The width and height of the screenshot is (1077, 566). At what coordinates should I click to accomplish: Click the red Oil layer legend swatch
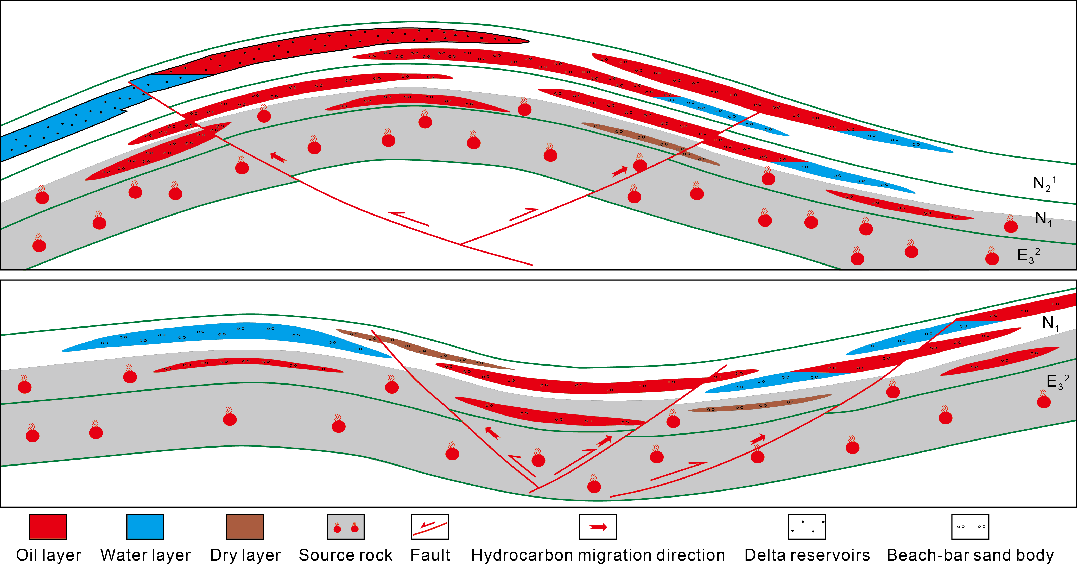tap(48, 527)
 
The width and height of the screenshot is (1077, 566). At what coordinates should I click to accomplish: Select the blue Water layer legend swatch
tap(145, 527)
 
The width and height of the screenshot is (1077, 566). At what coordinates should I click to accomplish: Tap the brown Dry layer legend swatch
tap(245, 527)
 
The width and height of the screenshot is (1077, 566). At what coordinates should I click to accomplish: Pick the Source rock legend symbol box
tap(345, 527)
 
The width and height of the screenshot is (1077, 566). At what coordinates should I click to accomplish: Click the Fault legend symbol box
tap(430, 527)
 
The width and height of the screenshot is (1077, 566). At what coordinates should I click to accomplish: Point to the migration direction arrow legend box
tap(598, 527)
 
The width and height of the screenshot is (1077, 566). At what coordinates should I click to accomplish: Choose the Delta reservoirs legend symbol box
tap(807, 527)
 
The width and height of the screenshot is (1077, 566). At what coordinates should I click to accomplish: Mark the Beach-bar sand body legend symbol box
tap(970, 527)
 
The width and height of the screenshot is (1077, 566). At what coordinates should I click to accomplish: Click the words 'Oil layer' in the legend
tap(48, 555)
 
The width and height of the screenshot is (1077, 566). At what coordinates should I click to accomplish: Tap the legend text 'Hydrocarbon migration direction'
tap(598, 555)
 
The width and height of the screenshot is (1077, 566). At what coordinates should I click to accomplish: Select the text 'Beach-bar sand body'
tap(970, 555)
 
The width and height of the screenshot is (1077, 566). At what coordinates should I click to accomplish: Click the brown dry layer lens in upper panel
tap(650, 143)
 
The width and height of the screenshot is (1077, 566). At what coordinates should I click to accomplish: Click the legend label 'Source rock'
tap(345, 555)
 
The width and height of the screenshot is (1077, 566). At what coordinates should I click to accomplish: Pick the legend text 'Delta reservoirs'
tap(807, 555)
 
